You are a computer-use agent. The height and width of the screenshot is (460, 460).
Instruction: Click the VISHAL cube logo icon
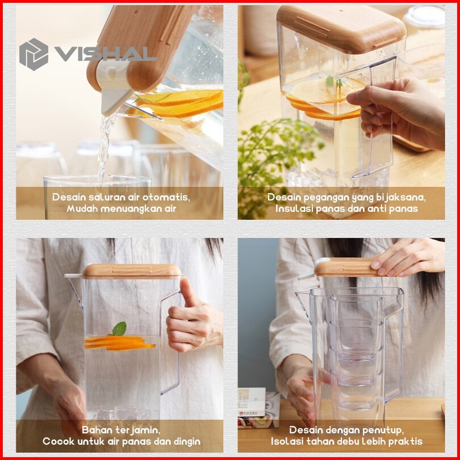(34, 55)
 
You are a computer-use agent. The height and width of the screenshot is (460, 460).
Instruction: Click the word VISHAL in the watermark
(105, 54)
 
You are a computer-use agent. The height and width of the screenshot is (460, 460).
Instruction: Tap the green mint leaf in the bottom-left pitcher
(119, 329)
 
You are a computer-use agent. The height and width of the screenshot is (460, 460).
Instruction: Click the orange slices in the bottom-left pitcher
(119, 343)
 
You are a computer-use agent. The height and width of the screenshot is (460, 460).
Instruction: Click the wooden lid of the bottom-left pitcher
(132, 271)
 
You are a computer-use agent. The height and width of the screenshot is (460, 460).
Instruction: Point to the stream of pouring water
(104, 146)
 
